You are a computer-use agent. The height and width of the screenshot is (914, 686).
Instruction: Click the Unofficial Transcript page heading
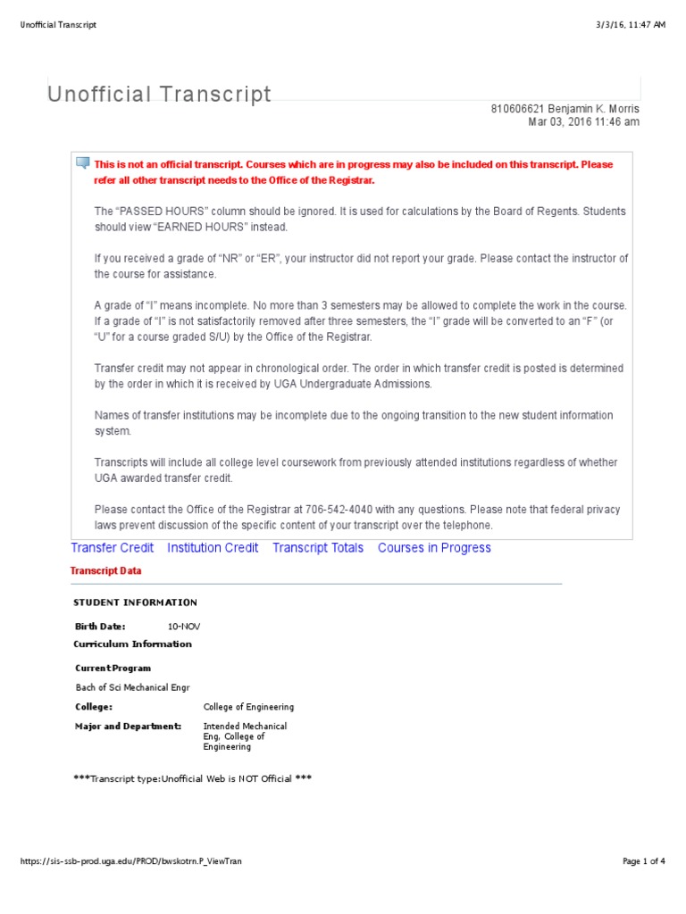(x=160, y=94)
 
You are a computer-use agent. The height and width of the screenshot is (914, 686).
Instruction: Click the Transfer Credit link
(x=112, y=548)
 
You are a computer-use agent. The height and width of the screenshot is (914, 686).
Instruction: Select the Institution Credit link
(x=213, y=548)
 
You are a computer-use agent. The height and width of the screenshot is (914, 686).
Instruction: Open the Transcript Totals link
(x=318, y=548)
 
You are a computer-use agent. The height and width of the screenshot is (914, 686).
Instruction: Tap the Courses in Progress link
(x=434, y=548)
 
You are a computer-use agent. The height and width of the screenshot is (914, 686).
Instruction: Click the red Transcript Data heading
(x=105, y=571)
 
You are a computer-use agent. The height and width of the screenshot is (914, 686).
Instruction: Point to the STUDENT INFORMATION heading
(x=135, y=602)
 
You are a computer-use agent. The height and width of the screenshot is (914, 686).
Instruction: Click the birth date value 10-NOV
(x=184, y=627)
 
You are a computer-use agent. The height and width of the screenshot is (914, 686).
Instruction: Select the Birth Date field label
(x=100, y=627)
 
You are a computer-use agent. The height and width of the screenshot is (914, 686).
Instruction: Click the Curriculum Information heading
(x=132, y=644)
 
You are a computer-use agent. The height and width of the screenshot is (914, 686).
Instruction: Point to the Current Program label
(x=113, y=669)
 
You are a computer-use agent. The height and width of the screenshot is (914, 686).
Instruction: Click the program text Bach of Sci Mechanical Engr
(x=133, y=688)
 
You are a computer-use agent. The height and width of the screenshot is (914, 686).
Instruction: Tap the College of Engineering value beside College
(x=248, y=707)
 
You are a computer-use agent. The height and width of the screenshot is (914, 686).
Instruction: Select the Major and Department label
(x=129, y=727)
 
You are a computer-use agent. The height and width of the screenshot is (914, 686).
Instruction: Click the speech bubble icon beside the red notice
(x=83, y=163)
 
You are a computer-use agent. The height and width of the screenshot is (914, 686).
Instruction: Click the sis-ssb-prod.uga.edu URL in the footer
(x=130, y=861)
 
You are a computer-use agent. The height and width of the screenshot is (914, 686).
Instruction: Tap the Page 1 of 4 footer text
(x=643, y=861)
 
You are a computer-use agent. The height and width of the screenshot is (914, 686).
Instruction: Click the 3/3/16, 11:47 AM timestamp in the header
(x=633, y=25)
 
